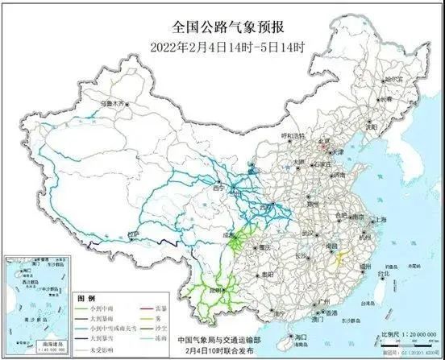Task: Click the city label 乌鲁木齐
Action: pyautogui.click(x=113, y=105)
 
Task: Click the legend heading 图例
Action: pyautogui.click(x=85, y=299)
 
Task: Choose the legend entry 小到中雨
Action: pyautogui.click(x=103, y=308)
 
